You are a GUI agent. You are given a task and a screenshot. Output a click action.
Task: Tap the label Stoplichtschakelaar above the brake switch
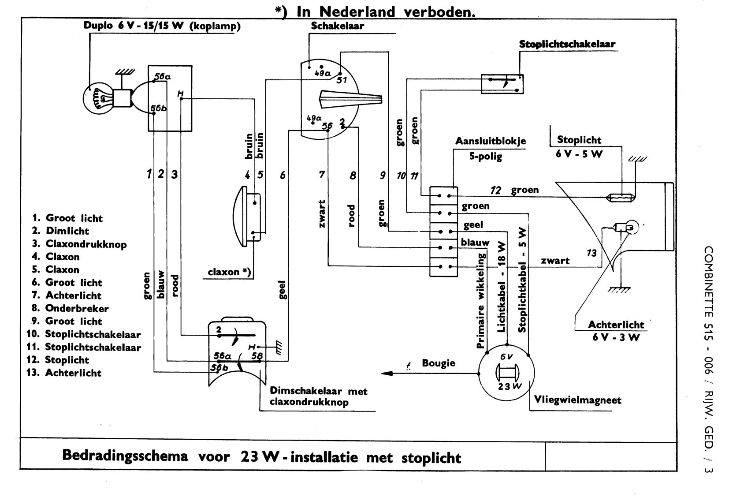[x=567, y=44]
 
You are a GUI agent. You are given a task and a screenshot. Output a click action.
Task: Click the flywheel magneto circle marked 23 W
[x=507, y=373]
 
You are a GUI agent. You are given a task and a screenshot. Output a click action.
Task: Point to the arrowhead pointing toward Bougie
[x=387, y=373]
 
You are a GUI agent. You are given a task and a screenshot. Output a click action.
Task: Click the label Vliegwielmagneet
[x=577, y=400]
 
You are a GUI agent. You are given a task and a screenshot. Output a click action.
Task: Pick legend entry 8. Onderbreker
[x=70, y=308]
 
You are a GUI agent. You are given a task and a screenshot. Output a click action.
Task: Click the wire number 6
[x=283, y=175]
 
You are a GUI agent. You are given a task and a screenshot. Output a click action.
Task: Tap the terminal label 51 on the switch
[x=342, y=80]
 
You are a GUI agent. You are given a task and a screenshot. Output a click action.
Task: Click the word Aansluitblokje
[x=490, y=141]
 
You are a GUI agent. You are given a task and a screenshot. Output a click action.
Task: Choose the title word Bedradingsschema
[x=125, y=455]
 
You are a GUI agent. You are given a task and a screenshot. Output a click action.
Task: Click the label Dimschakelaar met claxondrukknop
[x=318, y=396]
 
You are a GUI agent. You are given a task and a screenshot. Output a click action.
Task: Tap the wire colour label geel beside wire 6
[x=283, y=290]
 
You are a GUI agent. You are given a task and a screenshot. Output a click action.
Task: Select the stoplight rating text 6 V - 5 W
[x=579, y=154]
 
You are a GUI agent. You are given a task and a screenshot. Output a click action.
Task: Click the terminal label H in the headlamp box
[x=180, y=93]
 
